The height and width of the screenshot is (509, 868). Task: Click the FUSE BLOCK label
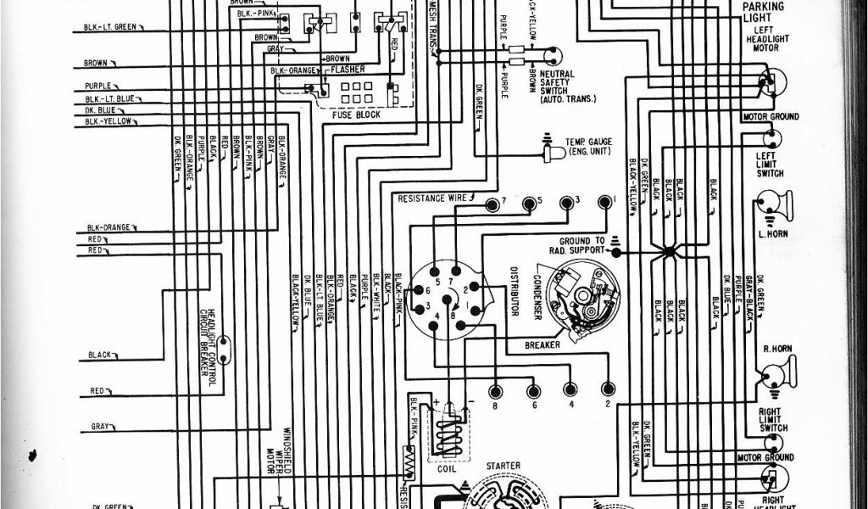[x=357, y=114]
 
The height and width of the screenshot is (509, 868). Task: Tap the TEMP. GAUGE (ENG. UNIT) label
[x=589, y=145]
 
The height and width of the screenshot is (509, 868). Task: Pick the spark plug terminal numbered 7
[x=492, y=202]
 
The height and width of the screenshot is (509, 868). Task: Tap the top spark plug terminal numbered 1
[x=605, y=202]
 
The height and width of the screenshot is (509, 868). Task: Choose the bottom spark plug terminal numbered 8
[x=495, y=390]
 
